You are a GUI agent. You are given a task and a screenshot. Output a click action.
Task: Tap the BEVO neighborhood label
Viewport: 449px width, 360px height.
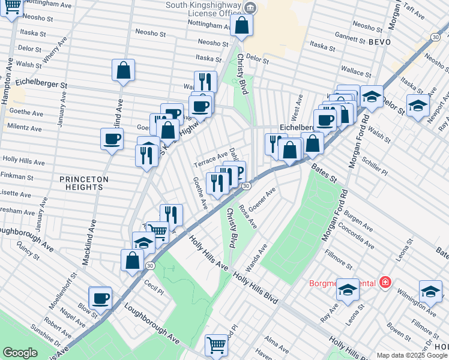[379, 42]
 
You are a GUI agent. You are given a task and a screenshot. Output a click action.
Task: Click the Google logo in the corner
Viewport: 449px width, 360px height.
[20, 353]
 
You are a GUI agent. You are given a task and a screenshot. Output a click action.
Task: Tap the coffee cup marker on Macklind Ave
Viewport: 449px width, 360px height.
[112, 140]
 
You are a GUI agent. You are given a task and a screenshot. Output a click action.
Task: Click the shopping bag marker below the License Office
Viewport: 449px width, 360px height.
[241, 26]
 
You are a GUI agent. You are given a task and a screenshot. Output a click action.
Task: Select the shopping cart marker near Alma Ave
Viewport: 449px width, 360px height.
[216, 344]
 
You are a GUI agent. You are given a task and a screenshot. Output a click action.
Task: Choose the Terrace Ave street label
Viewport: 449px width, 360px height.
[210, 160]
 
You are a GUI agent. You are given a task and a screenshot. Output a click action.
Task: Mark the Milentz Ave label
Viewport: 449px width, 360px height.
[25, 128]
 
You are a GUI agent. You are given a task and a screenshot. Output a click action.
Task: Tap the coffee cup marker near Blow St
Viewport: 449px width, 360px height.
[100, 298]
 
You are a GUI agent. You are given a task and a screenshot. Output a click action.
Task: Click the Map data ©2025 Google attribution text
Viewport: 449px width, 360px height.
[412, 355]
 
